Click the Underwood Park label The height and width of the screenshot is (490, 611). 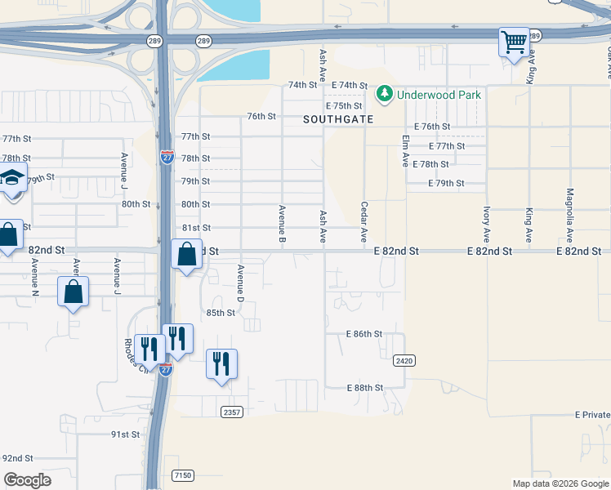[x=439, y=95]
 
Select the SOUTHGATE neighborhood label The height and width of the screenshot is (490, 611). [x=338, y=119]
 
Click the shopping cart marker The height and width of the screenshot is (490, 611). [x=514, y=42]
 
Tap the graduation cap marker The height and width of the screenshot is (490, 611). [x=11, y=179]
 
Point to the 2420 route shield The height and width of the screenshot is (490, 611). [x=403, y=360]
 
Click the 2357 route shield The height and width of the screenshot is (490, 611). [x=231, y=412]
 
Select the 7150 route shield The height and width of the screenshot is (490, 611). [x=183, y=474]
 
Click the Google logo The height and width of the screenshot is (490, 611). [x=28, y=480]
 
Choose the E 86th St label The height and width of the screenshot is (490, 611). [x=364, y=334]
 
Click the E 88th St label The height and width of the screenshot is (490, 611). [x=364, y=387]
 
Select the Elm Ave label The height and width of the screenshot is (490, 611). [x=405, y=150]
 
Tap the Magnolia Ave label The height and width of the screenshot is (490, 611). [x=569, y=216]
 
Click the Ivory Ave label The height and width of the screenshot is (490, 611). [x=486, y=224]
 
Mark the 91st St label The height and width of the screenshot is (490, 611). [x=126, y=434]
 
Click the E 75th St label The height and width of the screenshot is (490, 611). [x=343, y=106]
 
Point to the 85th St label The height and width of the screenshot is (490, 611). [x=220, y=313]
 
